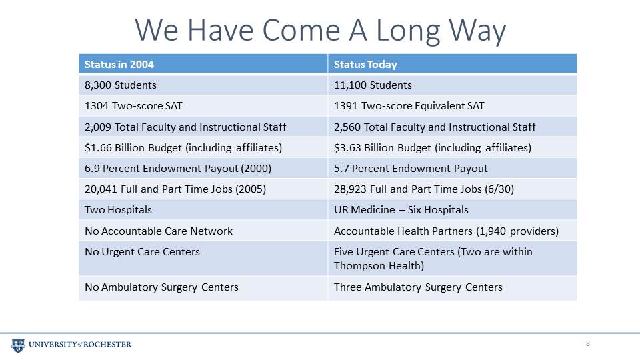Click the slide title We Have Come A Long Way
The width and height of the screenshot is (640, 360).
321,30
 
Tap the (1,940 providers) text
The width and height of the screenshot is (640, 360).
517,231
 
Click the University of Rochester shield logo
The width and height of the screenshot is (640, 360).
18,345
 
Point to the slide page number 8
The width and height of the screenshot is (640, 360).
588,344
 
